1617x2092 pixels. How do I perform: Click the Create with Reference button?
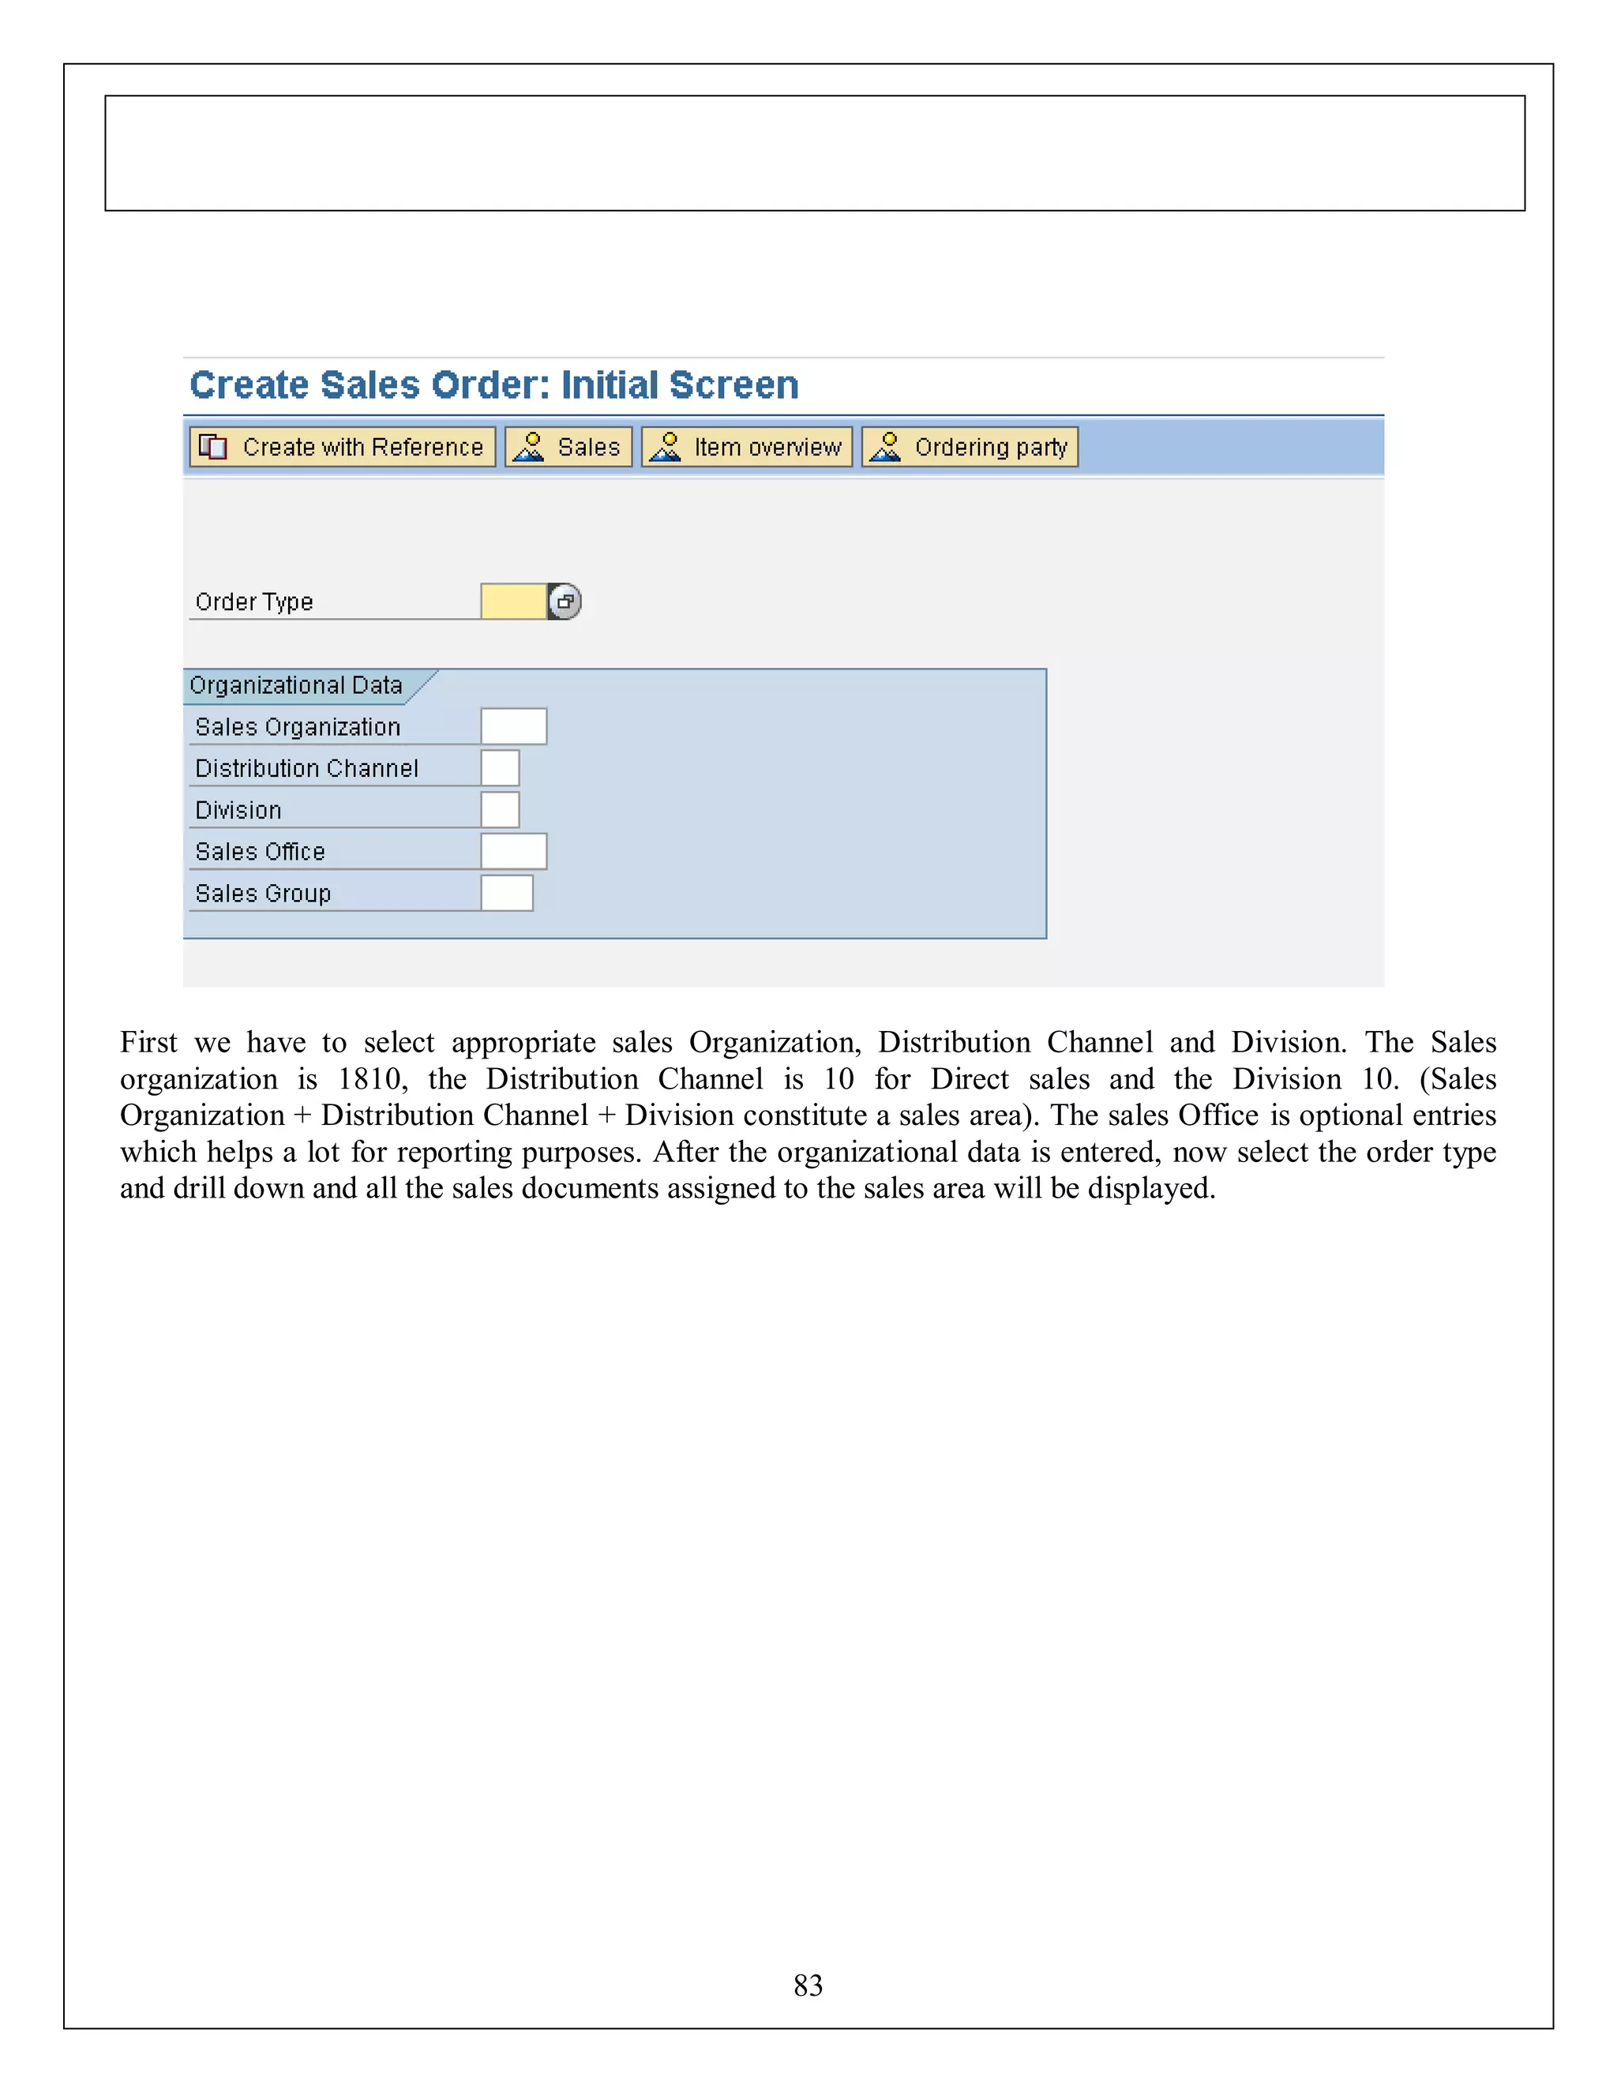click(342, 448)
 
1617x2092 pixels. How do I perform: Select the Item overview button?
click(746, 448)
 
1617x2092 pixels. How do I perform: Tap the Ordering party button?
click(970, 448)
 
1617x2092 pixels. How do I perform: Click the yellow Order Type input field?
click(513, 602)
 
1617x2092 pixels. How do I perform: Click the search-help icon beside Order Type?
click(565, 602)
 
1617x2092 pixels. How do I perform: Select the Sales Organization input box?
click(513, 727)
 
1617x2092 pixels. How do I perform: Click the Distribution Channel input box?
click(500, 768)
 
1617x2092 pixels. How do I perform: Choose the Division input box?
click(500, 809)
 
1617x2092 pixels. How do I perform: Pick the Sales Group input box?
click(507, 893)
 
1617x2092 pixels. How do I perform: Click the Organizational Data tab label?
click(296, 686)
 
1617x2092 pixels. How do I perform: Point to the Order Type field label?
click(254, 602)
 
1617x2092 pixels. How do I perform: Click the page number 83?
click(808, 1985)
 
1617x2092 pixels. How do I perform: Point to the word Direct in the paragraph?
click(970, 1079)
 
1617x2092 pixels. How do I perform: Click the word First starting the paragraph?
click(148, 1042)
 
